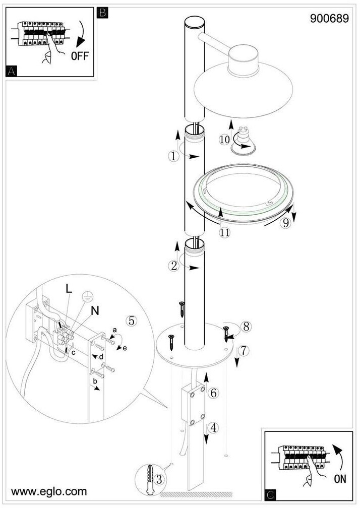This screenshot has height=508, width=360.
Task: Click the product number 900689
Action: click(329, 19)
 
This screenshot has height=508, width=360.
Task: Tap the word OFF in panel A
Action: click(80, 56)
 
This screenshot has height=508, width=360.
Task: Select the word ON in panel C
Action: click(340, 479)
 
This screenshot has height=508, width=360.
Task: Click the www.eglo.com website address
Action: click(49, 491)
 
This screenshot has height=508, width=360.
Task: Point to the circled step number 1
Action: click(173, 156)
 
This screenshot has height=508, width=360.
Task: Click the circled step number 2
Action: click(174, 266)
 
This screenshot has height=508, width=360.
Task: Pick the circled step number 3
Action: click(159, 479)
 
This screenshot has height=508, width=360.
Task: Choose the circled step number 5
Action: click(132, 321)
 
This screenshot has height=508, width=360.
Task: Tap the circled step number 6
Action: click(213, 393)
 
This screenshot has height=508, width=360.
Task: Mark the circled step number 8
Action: click(246, 327)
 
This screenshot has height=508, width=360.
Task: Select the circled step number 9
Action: click(285, 223)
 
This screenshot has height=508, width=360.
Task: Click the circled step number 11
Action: click(224, 232)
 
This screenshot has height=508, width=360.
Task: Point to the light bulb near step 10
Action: click(243, 142)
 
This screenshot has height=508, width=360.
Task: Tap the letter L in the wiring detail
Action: click(69, 289)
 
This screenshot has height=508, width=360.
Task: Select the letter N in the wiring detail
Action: click(95, 311)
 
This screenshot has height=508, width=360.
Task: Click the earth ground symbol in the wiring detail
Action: click(87, 297)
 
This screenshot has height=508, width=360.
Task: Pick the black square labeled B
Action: click(102, 13)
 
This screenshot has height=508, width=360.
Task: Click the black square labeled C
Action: click(271, 495)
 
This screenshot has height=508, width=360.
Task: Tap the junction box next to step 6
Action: click(193, 404)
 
